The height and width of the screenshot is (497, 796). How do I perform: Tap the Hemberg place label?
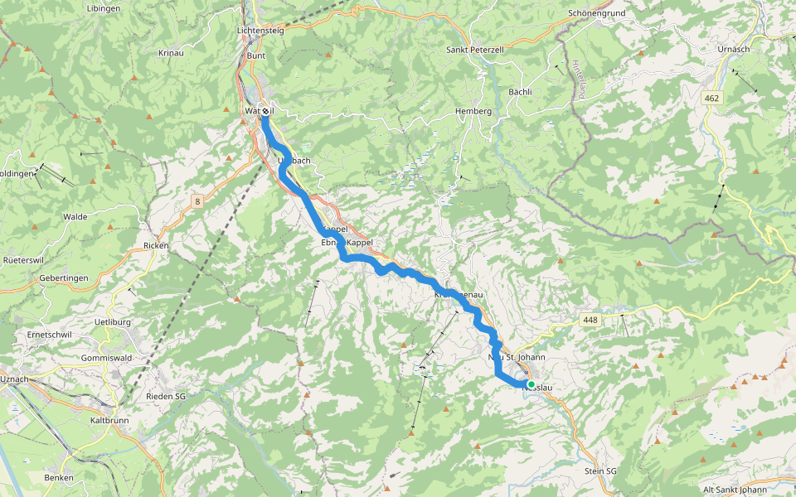click(x=473, y=111)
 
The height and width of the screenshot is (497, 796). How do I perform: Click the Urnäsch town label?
click(x=735, y=49)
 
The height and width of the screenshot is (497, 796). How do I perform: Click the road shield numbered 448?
click(x=590, y=319)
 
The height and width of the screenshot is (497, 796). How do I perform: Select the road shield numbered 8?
click(x=198, y=200)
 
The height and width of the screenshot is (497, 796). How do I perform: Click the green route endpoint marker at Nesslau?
click(x=531, y=384)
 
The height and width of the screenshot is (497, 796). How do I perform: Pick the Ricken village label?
click(x=156, y=245)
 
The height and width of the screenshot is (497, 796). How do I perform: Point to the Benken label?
click(x=59, y=477)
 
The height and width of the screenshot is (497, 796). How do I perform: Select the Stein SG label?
click(x=601, y=470)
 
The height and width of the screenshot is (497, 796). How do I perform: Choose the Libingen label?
click(x=103, y=8)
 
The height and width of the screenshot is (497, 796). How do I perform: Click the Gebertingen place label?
click(x=64, y=278)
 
